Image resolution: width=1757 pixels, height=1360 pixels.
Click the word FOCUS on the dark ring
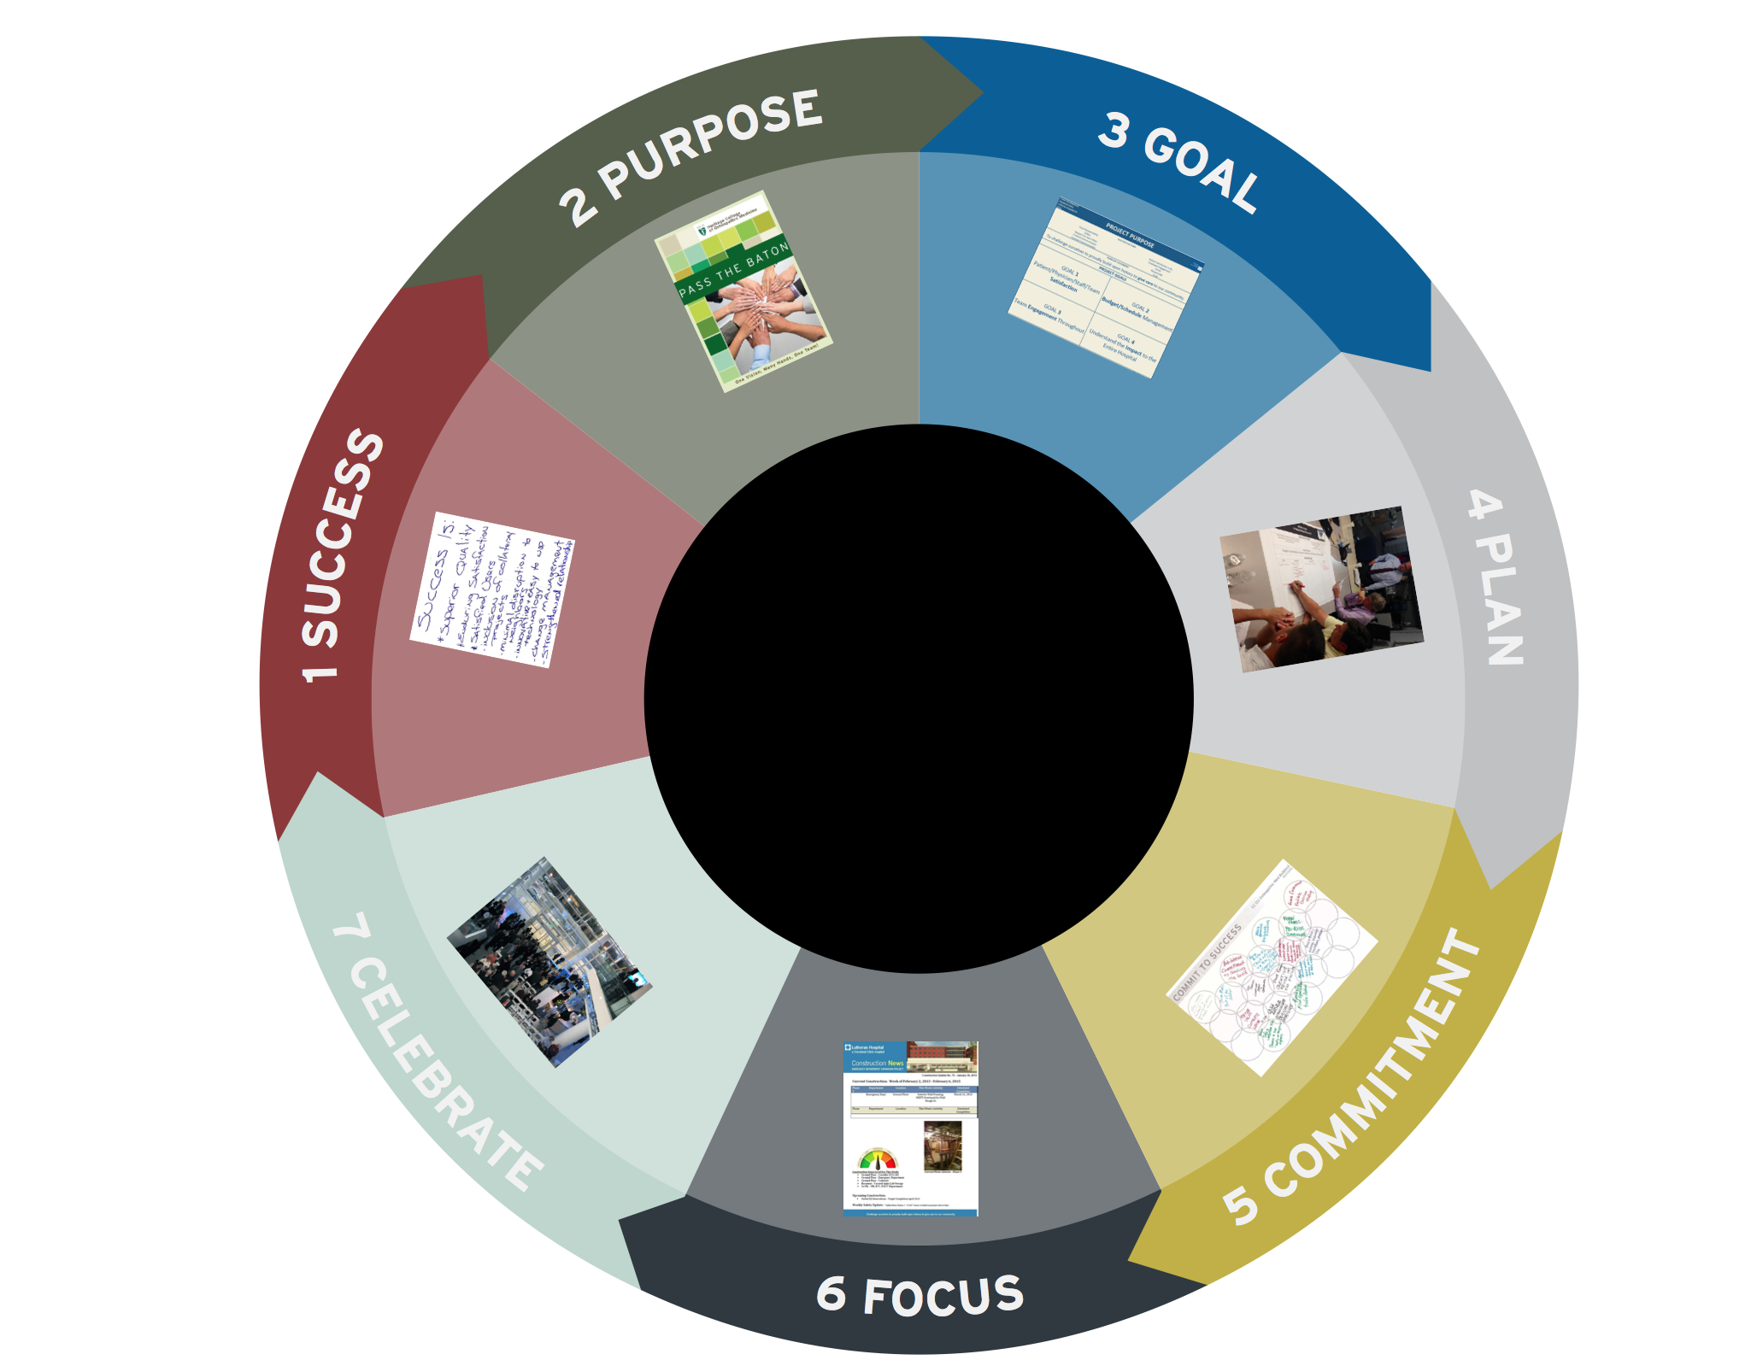pyautogui.click(x=943, y=1295)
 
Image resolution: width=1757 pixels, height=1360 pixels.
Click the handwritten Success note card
pyautogui.click(x=492, y=589)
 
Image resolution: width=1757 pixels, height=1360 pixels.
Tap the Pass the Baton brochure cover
pyautogui.click(x=743, y=291)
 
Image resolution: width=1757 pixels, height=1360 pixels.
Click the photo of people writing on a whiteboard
pyautogui.click(x=1321, y=589)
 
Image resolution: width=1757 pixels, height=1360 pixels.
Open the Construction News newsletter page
pyautogui.click(x=910, y=1128)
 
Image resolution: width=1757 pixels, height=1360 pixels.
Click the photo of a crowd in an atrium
pyautogui.click(x=549, y=962)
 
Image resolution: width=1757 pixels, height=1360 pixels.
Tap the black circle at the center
pyautogui.click(x=919, y=699)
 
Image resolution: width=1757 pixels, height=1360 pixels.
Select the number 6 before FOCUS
pyautogui.click(x=831, y=1293)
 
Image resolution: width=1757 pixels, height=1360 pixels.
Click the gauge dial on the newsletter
pyautogui.click(x=877, y=1160)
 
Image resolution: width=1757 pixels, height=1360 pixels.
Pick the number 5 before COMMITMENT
pyautogui.click(x=1240, y=1203)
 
